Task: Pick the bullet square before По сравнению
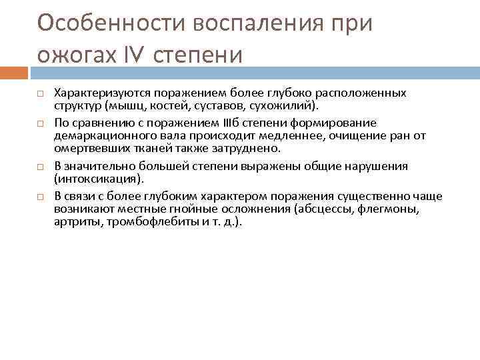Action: pos(40,123)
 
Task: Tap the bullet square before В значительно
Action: pos(40,166)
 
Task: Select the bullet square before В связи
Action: pos(40,197)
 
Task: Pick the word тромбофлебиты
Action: pos(137,222)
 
